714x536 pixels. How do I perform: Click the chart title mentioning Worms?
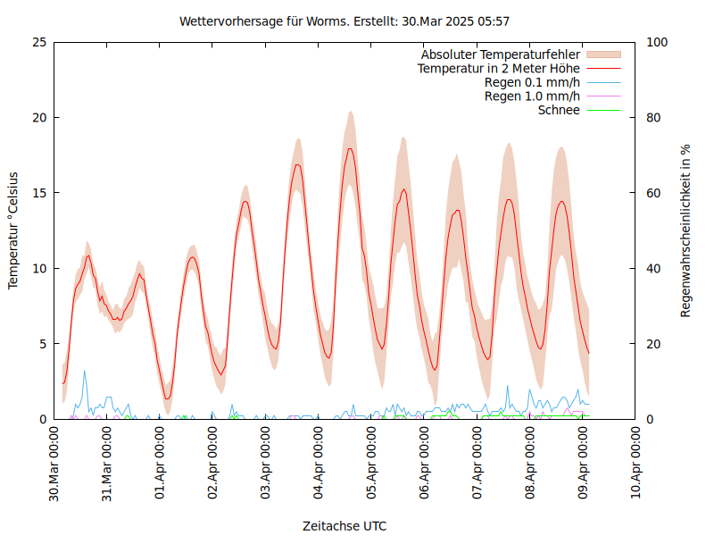[x=345, y=21]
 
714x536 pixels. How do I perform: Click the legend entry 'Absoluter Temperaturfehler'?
[x=501, y=54]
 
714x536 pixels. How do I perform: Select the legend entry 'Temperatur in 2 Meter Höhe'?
[x=499, y=68]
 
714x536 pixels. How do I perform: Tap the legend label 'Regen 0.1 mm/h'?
[x=532, y=82]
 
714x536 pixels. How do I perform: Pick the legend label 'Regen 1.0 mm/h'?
[x=532, y=96]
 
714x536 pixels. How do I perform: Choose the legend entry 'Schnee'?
[x=559, y=110]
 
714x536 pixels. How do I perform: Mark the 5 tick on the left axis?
[x=42, y=344]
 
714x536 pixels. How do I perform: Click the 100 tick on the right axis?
[x=656, y=42]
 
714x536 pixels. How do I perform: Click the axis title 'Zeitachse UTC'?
[x=345, y=525]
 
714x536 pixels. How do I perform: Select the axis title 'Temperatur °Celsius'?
[x=13, y=230]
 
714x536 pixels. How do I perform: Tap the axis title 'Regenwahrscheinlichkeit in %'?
[x=686, y=230]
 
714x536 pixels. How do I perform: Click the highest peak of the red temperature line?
[x=351, y=148]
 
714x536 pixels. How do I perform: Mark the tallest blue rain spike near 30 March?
[x=85, y=371]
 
